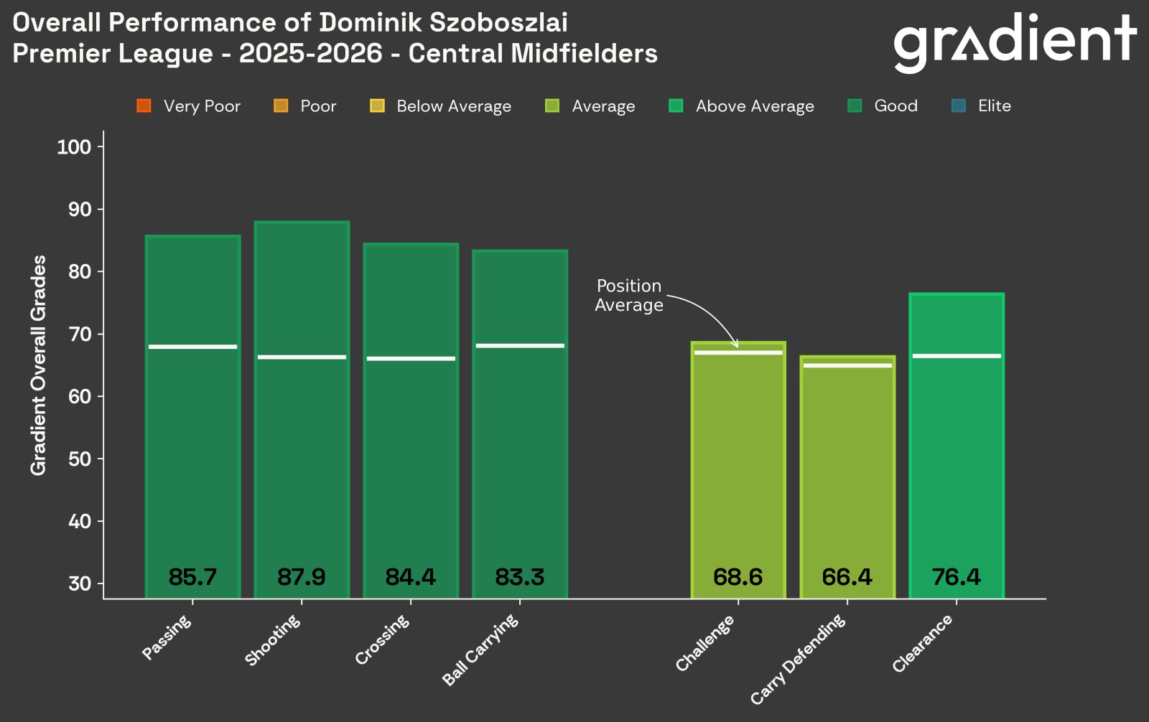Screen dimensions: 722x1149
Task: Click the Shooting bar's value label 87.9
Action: pyautogui.click(x=301, y=577)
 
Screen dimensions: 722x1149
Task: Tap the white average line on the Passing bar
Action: pyautogui.click(x=192, y=347)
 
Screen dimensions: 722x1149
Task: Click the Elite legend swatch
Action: pyautogui.click(x=958, y=106)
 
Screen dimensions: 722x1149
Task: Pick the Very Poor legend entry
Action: pyautogui.click(x=189, y=106)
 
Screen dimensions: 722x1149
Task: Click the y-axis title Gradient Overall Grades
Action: pyautogui.click(x=38, y=365)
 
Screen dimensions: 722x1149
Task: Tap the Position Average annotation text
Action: pyautogui.click(x=628, y=296)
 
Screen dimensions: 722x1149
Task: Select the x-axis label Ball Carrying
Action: pyautogui.click(x=480, y=650)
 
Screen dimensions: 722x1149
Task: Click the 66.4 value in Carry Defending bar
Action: pyautogui.click(x=847, y=577)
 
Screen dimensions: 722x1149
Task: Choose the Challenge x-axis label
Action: pyautogui.click(x=705, y=643)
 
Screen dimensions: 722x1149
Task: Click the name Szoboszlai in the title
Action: pyautogui.click(x=498, y=23)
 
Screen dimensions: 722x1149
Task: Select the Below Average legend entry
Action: pyautogui.click(x=440, y=106)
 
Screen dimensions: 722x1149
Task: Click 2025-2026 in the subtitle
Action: pyautogui.click(x=310, y=54)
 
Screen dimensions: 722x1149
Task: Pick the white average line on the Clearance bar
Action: pyautogui.click(x=956, y=356)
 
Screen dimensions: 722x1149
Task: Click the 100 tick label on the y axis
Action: pyautogui.click(x=75, y=147)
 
